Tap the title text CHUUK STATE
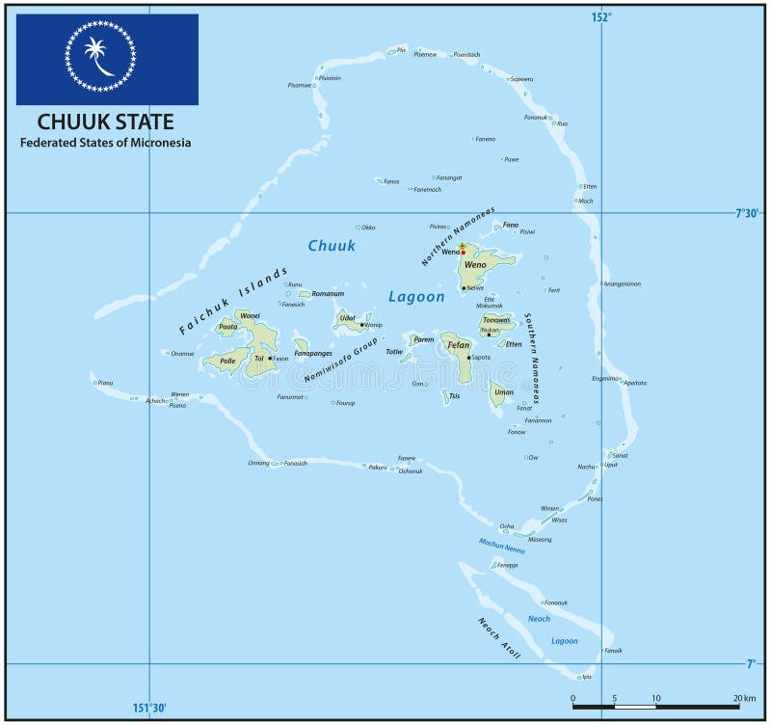[106, 121]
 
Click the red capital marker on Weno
[463, 253]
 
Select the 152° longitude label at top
[601, 15]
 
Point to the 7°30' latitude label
[749, 213]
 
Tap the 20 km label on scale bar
[744, 698]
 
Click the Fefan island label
[459, 345]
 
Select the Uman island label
[503, 392]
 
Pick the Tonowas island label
[496, 321]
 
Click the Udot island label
[347, 316]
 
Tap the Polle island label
[227, 361]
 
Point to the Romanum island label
[328, 293]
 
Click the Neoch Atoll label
[499, 638]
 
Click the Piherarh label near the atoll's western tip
[105, 383]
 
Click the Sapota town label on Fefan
[481, 358]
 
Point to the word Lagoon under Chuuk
[416, 297]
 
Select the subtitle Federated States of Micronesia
[106, 143]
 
